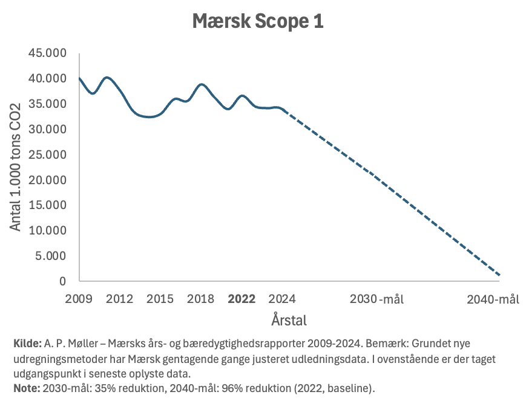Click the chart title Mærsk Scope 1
coord(258,21)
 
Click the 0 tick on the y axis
coord(62,281)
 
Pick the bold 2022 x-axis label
coord(241,299)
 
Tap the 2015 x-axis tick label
coord(160,299)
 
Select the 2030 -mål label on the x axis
coord(377,299)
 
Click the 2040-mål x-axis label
coord(493,299)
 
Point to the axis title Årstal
coord(289,319)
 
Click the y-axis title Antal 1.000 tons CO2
coord(16,167)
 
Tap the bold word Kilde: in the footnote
coord(27,344)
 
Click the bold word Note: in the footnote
coord(26,387)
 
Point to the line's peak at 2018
coord(202,84)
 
